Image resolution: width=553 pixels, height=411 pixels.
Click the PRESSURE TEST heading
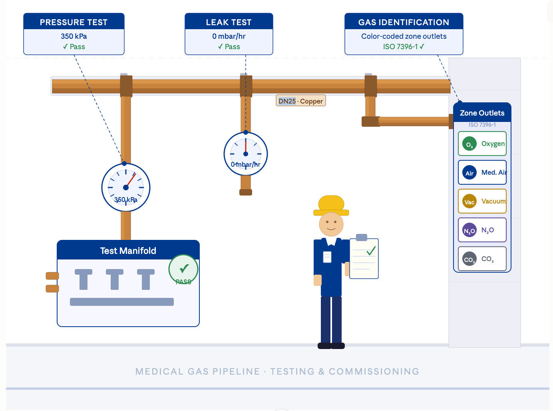74,22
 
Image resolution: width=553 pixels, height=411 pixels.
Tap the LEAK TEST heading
229,22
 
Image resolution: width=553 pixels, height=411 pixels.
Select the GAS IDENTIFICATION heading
404,22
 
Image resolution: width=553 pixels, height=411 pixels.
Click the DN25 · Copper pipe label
301,101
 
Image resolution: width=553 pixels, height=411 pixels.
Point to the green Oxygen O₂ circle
469,144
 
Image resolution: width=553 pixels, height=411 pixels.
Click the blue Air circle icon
469,173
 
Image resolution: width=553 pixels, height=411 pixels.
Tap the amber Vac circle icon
469,202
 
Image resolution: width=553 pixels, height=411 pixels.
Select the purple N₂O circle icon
469,230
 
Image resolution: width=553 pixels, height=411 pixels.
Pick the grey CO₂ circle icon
469,259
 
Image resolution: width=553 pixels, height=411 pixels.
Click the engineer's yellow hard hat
331,205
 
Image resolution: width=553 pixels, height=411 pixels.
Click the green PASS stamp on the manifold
183,270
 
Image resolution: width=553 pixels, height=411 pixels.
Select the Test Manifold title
128,251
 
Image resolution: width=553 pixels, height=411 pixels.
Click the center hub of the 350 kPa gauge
126,188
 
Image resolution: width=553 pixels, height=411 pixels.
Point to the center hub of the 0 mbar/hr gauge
246,154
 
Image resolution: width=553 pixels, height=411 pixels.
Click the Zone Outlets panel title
482,113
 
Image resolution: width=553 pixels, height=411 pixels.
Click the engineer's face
331,224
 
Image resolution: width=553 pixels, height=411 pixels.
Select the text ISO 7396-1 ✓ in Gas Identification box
404,47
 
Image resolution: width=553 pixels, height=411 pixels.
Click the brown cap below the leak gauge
246,192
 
